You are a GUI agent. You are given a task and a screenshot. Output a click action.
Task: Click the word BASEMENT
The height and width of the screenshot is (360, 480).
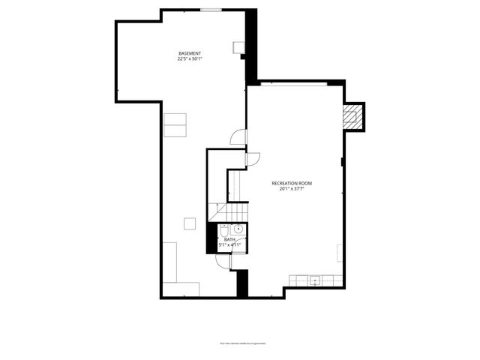pos(189,53)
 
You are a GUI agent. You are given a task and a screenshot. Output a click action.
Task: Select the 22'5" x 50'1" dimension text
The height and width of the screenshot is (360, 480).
pos(189,58)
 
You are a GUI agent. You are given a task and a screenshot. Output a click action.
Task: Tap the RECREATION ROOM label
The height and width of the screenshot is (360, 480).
pos(292,183)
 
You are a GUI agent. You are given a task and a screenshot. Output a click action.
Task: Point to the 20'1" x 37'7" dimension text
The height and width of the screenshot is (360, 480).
pos(292,189)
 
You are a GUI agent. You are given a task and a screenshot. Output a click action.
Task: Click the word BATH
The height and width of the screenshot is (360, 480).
pos(229,239)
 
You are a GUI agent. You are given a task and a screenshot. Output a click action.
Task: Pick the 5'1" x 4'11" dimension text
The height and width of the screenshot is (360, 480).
pos(229,244)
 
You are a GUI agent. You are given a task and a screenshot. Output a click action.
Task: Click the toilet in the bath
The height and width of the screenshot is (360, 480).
pos(223,230)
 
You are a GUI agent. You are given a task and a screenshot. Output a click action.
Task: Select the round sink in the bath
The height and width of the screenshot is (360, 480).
pos(238,229)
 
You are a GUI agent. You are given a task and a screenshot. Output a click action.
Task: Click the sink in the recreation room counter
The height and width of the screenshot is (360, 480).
pos(316,280)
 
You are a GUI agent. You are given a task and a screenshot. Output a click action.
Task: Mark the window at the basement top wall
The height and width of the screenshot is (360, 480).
pos(211,10)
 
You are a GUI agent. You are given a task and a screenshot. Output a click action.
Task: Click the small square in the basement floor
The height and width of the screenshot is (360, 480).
pos(190,223)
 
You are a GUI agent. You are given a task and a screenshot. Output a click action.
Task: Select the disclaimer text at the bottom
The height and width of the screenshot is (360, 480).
pos(240,343)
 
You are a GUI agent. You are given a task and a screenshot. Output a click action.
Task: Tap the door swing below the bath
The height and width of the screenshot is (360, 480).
pos(223,260)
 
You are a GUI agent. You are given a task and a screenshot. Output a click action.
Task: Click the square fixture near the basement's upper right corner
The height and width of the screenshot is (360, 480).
pos(238,47)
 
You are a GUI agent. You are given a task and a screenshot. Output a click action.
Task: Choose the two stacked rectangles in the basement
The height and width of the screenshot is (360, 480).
pos(175,124)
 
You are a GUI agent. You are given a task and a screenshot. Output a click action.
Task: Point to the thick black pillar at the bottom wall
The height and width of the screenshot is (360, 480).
pos(242,283)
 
